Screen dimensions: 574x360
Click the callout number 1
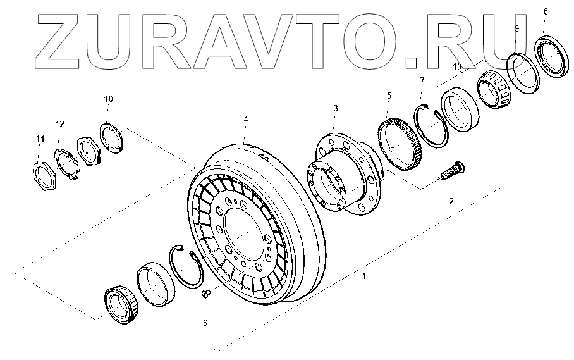click(x=363, y=275)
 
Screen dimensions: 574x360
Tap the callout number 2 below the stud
click(x=451, y=201)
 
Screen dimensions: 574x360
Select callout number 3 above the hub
click(x=336, y=109)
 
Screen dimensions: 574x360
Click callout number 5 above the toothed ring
click(x=389, y=96)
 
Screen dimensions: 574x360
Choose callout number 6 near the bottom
click(x=205, y=322)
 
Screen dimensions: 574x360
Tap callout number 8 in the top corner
click(x=546, y=11)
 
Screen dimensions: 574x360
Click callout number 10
click(x=108, y=99)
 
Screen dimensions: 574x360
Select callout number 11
click(x=40, y=138)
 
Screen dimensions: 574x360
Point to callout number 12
click(x=59, y=123)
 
